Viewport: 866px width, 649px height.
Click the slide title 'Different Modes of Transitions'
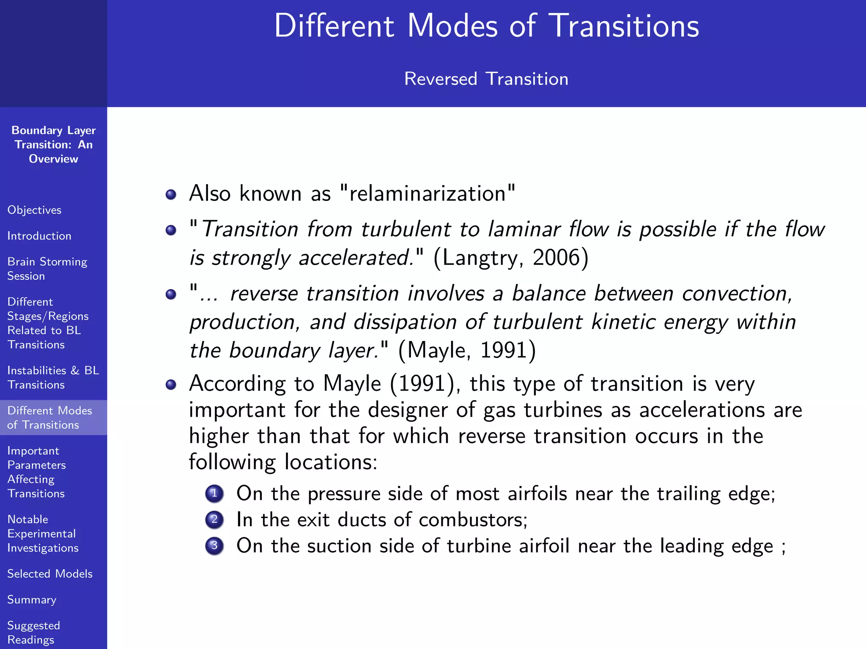486,26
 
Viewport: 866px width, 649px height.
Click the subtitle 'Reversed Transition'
486,79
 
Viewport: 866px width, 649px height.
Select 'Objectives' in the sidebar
34,210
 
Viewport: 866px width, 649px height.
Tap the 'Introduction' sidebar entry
39,236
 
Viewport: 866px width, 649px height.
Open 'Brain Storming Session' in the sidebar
47,269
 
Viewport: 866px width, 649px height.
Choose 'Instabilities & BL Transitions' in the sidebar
53,377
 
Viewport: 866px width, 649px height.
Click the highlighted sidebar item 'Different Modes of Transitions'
49,417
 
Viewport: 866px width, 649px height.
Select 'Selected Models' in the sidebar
50,574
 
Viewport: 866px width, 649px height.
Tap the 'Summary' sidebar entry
32,600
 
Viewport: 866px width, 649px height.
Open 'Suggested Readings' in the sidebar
34,633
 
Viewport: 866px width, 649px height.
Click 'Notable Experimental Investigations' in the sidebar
43,534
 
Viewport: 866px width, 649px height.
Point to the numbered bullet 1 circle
214,494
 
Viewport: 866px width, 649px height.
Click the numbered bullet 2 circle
214,520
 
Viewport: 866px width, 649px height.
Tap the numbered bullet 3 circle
214,546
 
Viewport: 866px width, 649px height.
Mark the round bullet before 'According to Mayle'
171,384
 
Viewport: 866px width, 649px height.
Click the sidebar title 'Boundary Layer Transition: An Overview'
54,145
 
